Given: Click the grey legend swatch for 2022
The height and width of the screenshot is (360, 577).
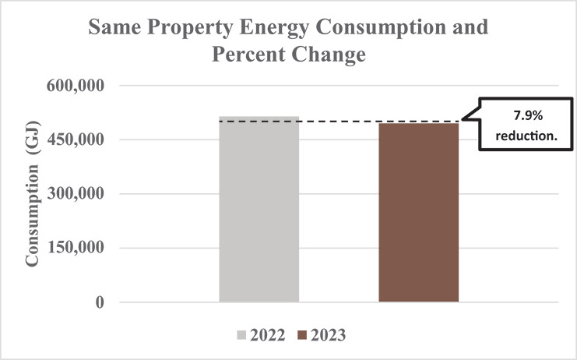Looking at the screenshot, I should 243,335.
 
